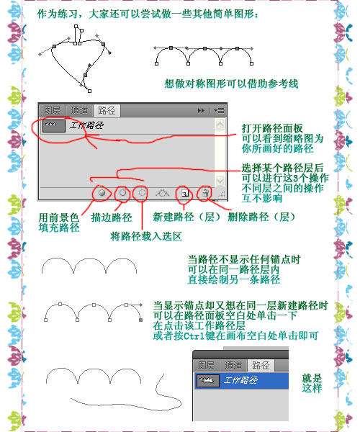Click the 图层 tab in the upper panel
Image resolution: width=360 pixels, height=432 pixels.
click(53, 111)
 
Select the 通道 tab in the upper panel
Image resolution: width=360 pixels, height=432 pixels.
click(79, 111)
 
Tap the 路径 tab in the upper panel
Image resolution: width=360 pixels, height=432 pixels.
click(107, 111)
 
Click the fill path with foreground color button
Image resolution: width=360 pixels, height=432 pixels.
click(102, 192)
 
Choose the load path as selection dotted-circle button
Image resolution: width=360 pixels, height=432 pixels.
click(142, 192)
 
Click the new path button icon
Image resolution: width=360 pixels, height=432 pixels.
click(185, 193)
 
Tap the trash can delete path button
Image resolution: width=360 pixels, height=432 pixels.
click(205, 193)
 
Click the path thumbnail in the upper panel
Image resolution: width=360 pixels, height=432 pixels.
click(54, 126)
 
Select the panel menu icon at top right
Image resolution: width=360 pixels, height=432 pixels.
click(220, 111)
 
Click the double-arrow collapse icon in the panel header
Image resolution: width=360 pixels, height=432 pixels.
click(201, 111)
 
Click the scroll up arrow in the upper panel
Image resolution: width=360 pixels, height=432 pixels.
click(220, 125)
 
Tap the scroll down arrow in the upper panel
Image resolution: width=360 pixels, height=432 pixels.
click(220, 181)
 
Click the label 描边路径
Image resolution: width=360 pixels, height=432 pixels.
click(112, 217)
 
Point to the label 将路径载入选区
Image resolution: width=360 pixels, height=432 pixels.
click(146, 236)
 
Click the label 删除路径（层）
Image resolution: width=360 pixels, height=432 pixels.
click(261, 217)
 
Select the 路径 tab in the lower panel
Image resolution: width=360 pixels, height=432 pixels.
click(261, 366)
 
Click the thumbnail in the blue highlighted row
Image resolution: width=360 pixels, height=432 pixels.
click(208, 381)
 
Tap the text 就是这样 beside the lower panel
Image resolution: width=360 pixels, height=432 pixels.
click(312, 383)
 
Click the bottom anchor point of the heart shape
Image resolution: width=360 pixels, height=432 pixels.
click(89, 91)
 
